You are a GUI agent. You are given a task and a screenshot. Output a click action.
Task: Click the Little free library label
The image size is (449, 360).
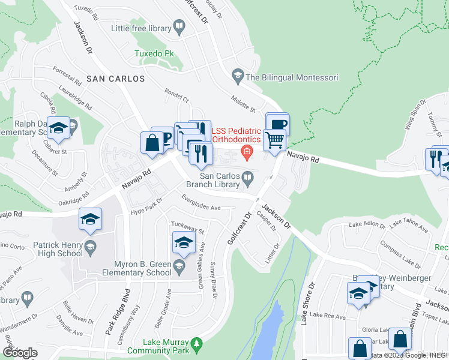pyautogui.click(x=140, y=28)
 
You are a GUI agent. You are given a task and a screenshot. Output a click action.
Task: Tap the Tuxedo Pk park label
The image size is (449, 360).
pyautogui.click(x=154, y=53)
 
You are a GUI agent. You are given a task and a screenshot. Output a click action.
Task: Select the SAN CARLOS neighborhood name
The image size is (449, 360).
pyautogui.click(x=115, y=79)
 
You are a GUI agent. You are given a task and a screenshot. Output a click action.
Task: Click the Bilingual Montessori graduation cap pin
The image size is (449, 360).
pyautogui.click(x=237, y=77)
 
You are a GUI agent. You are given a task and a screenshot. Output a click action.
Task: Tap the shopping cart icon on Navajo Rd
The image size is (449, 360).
pyautogui.click(x=274, y=140)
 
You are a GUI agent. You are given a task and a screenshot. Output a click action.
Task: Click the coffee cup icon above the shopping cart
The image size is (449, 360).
pyautogui.click(x=278, y=125)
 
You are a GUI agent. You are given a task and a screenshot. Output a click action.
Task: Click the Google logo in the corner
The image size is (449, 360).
pyautogui.click(x=20, y=353)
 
